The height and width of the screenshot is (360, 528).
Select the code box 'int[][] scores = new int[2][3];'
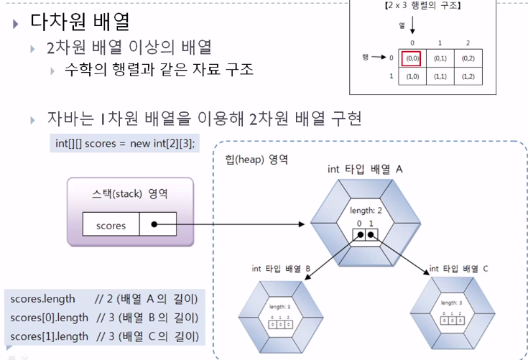[125, 144]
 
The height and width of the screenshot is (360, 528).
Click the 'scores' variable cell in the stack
[111, 225]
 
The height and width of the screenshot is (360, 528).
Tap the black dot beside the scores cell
[154, 224]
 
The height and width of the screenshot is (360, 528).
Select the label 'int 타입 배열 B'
[281, 268]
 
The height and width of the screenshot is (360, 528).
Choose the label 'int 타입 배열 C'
[459, 268]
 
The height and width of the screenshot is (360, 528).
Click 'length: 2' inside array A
[366, 211]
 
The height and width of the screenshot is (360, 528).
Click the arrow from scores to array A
[230, 224]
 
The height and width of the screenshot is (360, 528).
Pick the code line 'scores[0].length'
[49, 318]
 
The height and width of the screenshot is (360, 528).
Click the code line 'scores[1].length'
[49, 337]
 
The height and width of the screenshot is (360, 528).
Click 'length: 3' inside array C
[452, 302]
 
